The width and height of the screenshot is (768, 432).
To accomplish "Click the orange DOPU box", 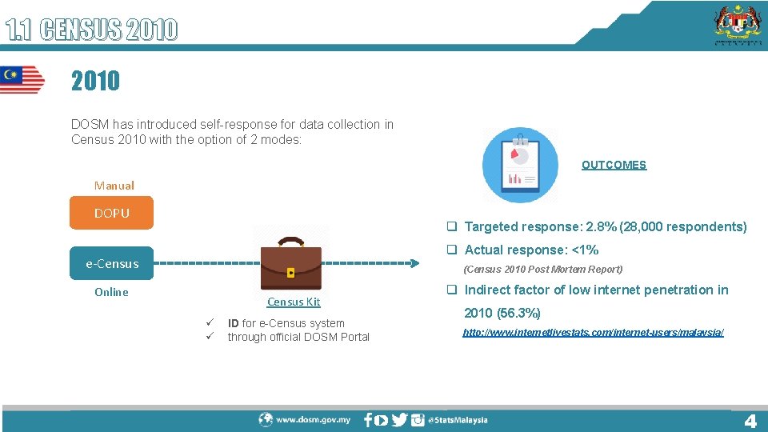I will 111,214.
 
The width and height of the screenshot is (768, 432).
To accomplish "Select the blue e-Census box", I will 111,263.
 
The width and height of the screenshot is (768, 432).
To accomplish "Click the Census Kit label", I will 294,302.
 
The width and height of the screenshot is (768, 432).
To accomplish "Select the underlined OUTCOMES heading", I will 614,165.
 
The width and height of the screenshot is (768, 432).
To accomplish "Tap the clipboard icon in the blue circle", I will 520,166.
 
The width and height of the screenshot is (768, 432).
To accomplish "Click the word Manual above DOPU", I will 114,186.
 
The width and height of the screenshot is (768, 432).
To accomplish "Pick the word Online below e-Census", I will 111,292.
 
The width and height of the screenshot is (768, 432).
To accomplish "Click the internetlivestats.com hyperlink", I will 593,332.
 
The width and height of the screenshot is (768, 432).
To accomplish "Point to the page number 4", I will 750,421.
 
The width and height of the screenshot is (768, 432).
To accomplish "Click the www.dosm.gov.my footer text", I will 313,419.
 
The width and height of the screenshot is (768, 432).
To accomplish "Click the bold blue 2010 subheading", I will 95,81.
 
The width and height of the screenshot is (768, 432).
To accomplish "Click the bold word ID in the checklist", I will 233,323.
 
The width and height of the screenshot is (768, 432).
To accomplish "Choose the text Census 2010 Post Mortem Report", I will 543,270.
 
